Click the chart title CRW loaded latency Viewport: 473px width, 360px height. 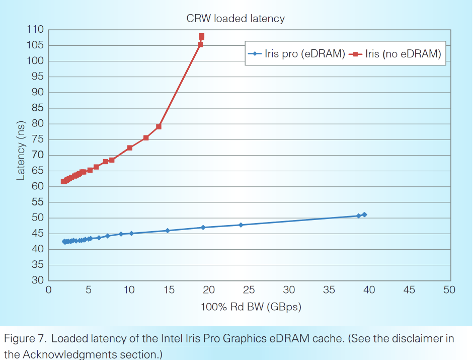[235, 19]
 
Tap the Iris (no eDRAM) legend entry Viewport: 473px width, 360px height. [403, 54]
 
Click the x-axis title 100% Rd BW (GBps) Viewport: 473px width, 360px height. [251, 307]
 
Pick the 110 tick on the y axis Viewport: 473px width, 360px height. [35, 30]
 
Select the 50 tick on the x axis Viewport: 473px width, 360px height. [449, 290]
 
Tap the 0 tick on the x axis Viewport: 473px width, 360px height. [49, 290]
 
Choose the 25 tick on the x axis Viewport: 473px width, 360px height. [249, 290]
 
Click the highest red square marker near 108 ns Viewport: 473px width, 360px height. [201, 36]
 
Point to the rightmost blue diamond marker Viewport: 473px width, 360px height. [364, 214]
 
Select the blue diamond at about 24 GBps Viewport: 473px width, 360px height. [241, 225]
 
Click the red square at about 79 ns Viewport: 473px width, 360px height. [159, 126]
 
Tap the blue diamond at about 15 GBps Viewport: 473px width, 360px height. [168, 231]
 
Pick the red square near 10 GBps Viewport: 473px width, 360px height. [129, 148]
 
